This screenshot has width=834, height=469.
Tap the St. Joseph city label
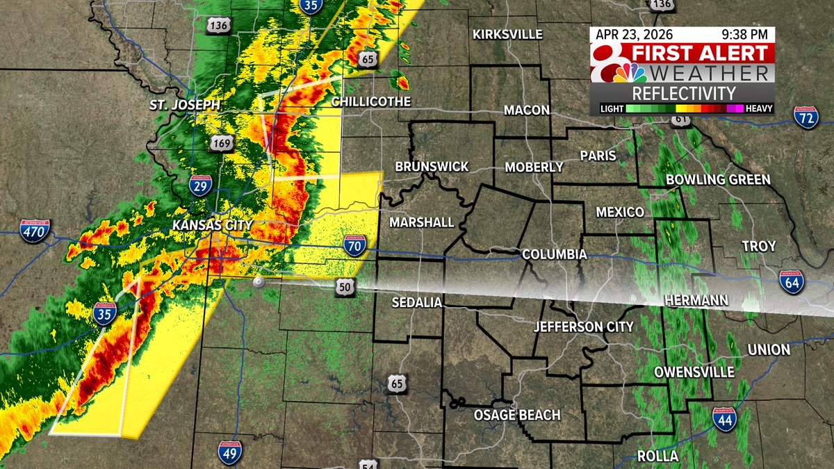pyautogui.click(x=184, y=106)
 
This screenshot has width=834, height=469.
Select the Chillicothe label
pyautogui.click(x=370, y=101)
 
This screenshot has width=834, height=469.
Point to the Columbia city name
pyautogui.click(x=555, y=255)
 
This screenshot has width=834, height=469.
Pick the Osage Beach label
pyautogui.click(x=517, y=415)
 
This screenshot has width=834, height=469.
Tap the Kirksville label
pyautogui.click(x=507, y=34)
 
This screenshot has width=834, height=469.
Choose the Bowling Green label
pyautogui.click(x=718, y=180)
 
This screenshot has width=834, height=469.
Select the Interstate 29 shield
pyautogui.click(x=199, y=186)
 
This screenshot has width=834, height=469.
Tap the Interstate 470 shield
pyautogui.click(x=35, y=230)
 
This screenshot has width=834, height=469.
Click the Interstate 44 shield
pyautogui.click(x=724, y=420)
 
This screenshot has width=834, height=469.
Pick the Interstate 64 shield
pyautogui.click(x=791, y=282)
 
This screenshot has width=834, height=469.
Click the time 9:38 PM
pyautogui.click(x=744, y=33)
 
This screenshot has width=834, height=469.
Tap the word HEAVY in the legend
pyautogui.click(x=759, y=109)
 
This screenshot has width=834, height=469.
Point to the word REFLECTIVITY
pyautogui.click(x=683, y=93)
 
